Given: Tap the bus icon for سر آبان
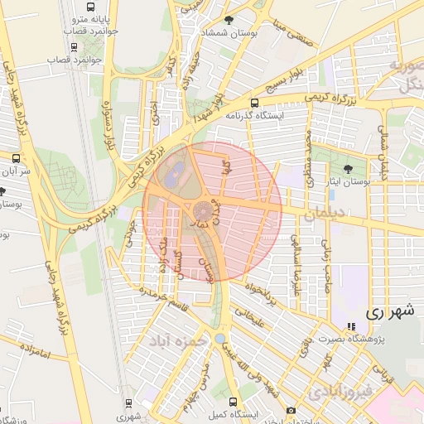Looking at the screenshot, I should [16, 157].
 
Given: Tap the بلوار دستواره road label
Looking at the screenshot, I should [108, 129].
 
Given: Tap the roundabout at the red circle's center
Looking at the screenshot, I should [202, 211].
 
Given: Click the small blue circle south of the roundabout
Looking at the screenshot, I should [218, 339].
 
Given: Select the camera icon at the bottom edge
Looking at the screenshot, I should [291, 411].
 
